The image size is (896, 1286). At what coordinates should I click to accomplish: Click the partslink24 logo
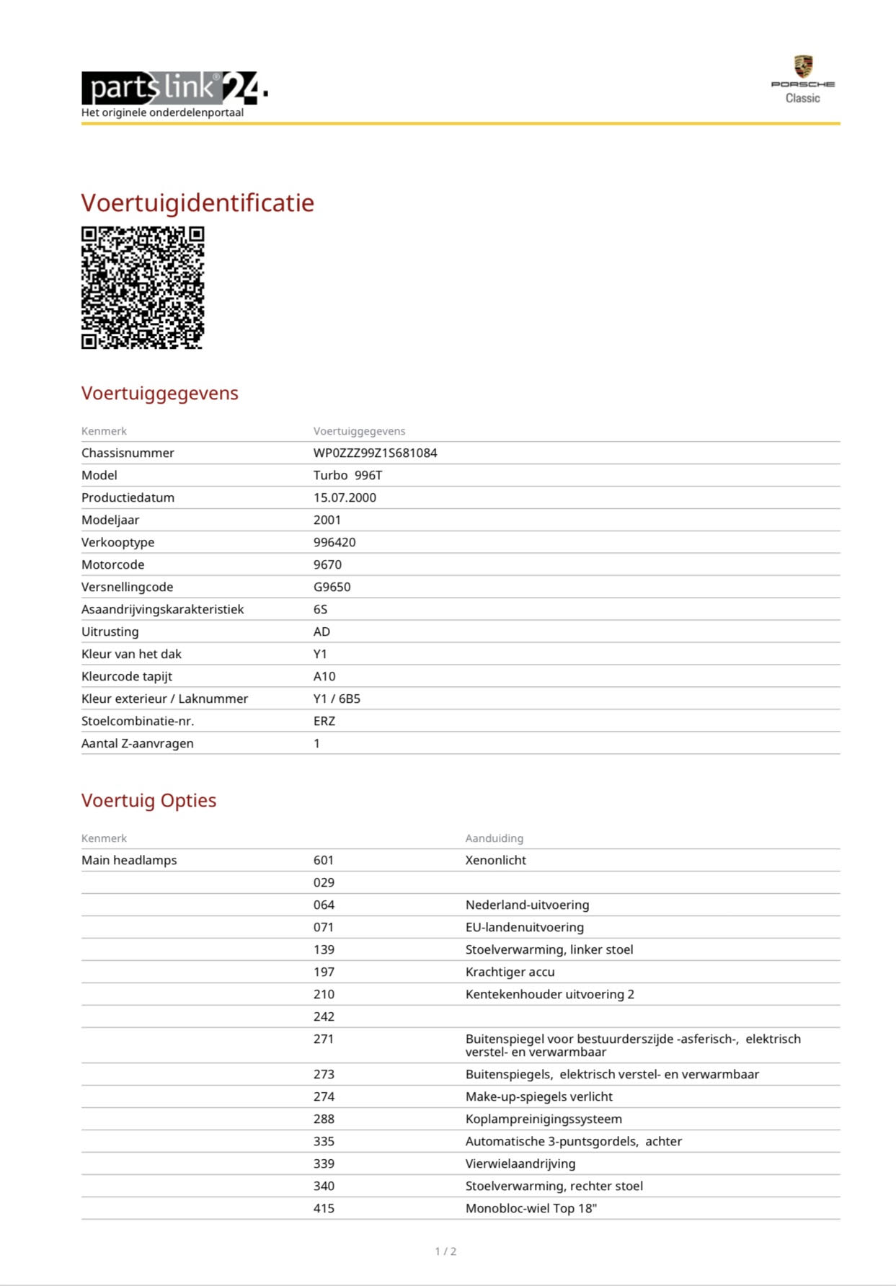coord(174,89)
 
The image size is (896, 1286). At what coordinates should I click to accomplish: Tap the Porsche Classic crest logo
coord(802,67)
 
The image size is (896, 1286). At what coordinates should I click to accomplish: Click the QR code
coord(143,288)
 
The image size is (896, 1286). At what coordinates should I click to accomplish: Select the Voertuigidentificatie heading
coord(198,203)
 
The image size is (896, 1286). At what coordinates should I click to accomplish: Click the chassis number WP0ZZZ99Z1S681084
coord(375,453)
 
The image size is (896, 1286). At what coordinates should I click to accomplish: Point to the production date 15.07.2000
coord(345,497)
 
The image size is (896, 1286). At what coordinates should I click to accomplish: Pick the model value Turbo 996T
coord(347,475)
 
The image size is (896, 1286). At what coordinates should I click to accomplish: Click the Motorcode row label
coord(112,564)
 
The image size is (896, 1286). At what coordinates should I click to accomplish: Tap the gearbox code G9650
coord(332,587)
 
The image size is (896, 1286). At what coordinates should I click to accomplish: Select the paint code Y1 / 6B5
coord(337,699)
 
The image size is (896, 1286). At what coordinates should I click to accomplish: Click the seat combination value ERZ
coord(324,721)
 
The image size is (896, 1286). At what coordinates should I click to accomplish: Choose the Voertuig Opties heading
coord(148,800)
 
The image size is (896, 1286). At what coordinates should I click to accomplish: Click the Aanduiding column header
coord(494,838)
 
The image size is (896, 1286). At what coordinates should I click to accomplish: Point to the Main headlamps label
coord(129,860)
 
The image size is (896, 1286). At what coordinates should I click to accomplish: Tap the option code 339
coord(324,1163)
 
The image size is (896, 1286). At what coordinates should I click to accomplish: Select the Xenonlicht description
coord(495,860)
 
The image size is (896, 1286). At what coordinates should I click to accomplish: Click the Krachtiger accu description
coord(510,972)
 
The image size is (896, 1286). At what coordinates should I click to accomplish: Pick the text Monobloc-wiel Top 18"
coord(531,1208)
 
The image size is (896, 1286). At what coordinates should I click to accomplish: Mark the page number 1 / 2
coord(445,1251)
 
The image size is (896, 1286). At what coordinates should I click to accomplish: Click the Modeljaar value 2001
coord(327,520)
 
